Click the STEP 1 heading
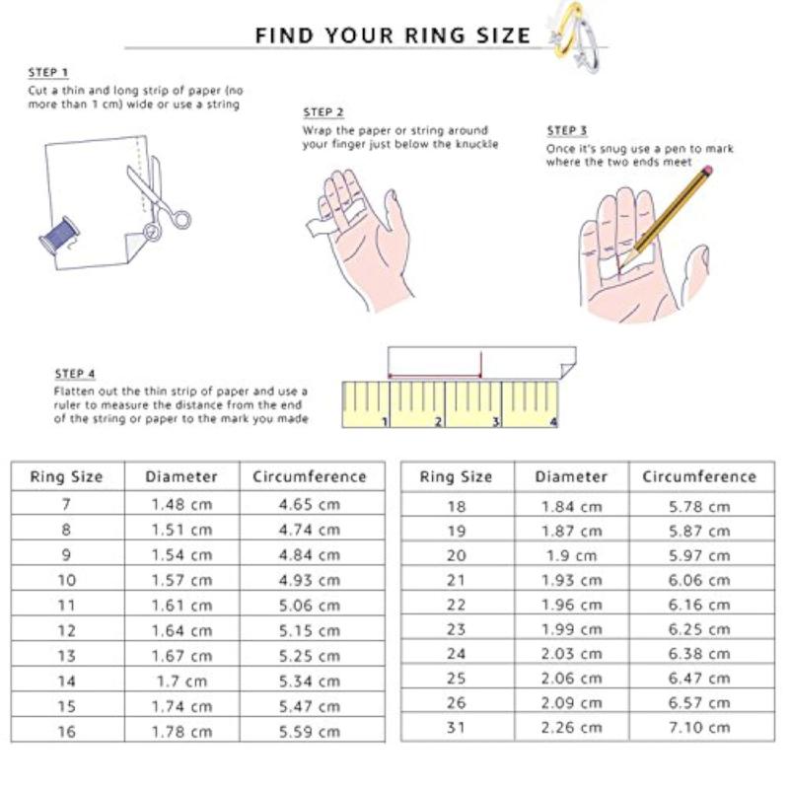click(47, 72)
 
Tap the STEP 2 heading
click(323, 112)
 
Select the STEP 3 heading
click(567, 130)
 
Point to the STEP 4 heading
click(75, 374)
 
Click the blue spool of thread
click(59, 236)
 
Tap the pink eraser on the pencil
click(706, 170)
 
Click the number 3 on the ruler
click(496, 421)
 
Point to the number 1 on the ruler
click(385, 421)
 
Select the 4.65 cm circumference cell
click(310, 504)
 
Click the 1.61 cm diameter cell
click(181, 606)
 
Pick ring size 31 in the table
click(456, 728)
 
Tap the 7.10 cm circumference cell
click(699, 728)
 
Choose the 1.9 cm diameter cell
click(571, 556)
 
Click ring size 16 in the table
click(66, 732)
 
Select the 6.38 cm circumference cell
click(699, 654)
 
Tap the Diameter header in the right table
click(571, 476)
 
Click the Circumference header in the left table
click(310, 476)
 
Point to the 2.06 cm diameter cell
click(571, 679)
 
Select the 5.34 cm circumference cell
click(310, 681)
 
